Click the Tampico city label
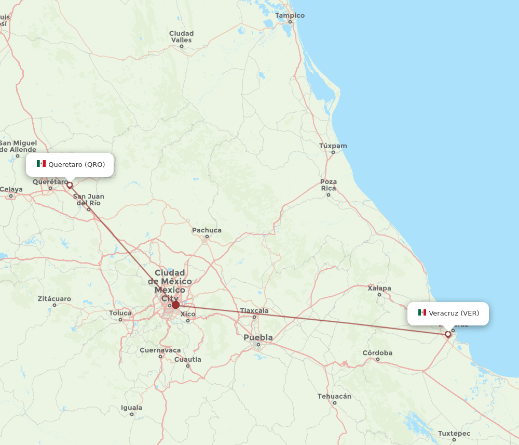coord(290,16)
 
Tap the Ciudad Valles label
coord(181,36)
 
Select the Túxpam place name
coord(333,146)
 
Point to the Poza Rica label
coord(329,185)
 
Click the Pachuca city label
coord(207,230)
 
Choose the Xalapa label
coord(379,288)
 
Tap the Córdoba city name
coord(377,353)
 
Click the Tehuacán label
coord(334,396)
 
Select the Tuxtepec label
coord(454,434)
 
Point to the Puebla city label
coord(258,338)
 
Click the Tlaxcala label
coord(254,311)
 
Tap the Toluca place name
coord(120,313)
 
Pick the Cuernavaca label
coord(160,350)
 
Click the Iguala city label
coord(131,408)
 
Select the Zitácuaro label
coord(54,299)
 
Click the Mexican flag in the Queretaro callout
coord(41,164)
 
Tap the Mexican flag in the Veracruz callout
coord(422,313)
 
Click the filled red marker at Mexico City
coord(175,305)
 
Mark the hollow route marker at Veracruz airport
coord(448,335)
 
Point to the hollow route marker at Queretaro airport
coord(70,185)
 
